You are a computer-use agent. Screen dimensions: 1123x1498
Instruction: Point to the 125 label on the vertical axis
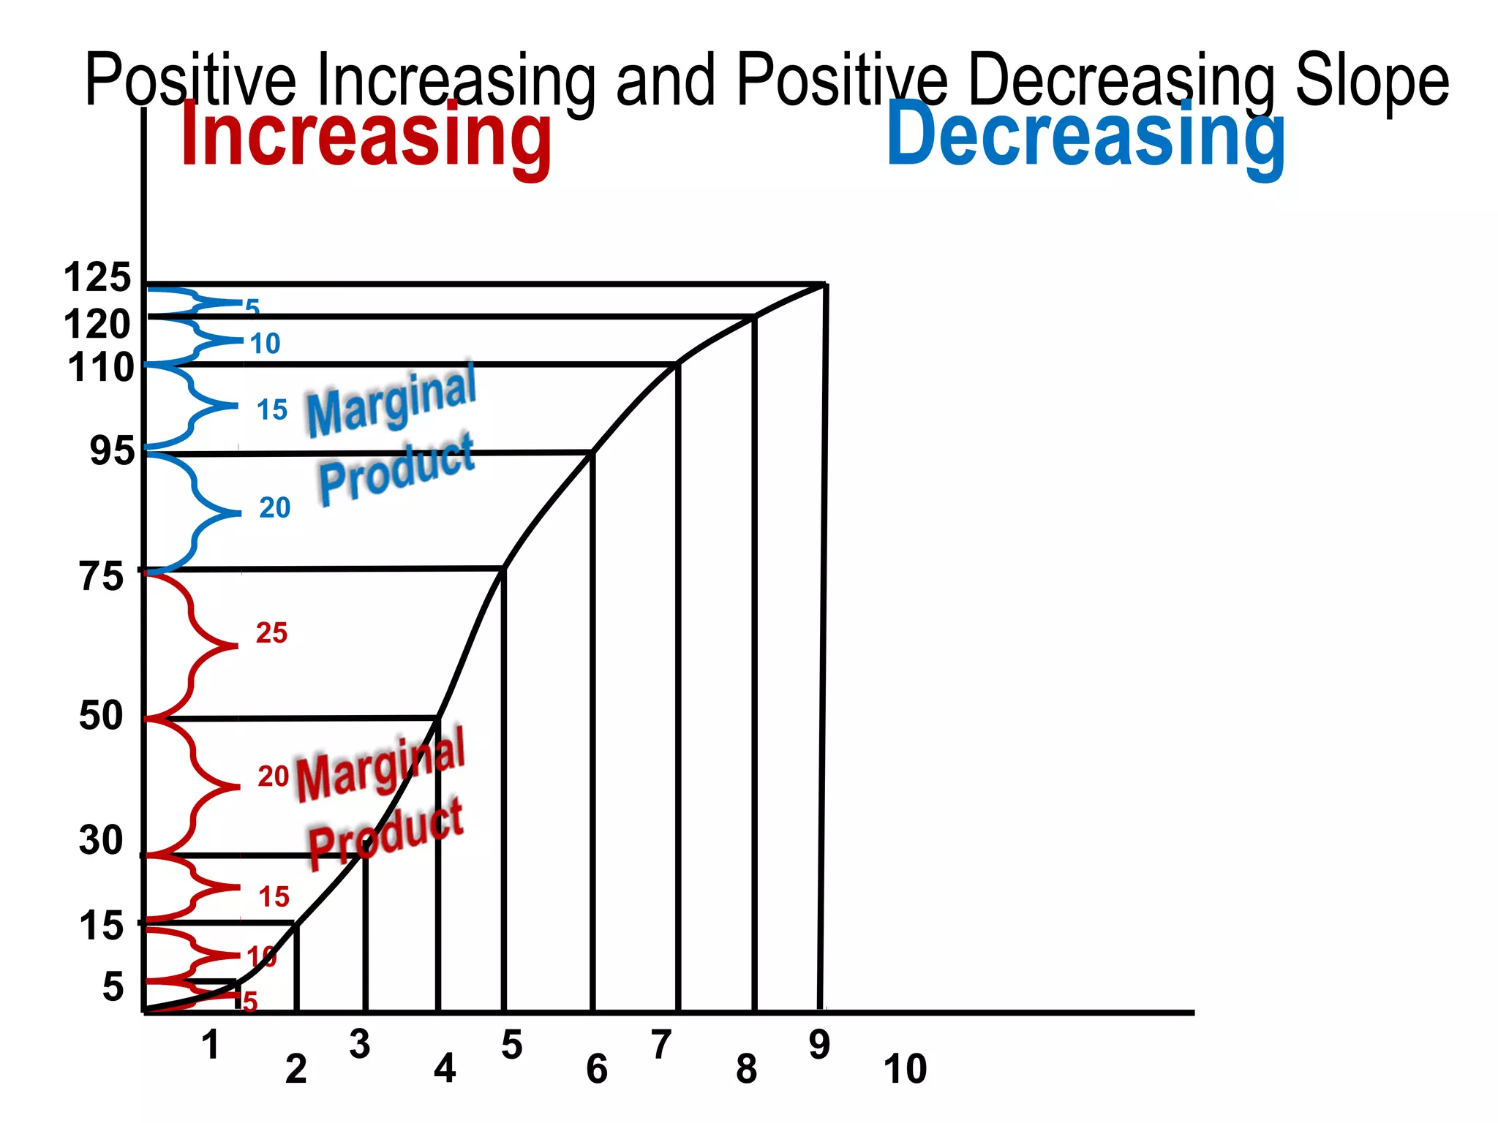pos(97,278)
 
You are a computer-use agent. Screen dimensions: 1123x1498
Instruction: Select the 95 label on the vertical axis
pos(112,451)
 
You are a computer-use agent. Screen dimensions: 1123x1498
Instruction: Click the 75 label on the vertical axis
pos(102,577)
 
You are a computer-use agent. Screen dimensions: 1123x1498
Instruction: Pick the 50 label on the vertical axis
pos(101,715)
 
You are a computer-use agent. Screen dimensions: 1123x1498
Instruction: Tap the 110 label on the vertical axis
pos(101,368)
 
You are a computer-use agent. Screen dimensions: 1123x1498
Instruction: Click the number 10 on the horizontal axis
pos(905,1069)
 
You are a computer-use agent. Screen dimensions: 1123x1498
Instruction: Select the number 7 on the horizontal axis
pos(661,1045)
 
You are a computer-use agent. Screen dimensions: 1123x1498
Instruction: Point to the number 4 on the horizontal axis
pos(445,1069)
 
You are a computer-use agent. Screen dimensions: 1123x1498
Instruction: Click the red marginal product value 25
pos(271,633)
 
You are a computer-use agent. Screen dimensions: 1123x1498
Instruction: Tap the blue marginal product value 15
pos(271,410)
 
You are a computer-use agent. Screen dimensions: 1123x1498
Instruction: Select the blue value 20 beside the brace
pos(274,507)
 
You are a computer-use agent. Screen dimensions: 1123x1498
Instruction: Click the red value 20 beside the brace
pos(273,776)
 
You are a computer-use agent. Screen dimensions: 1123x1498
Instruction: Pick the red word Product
pos(385,834)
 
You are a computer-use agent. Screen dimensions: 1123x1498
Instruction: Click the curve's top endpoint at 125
pos(825,284)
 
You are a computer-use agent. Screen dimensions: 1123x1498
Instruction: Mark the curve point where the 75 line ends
pos(503,568)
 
